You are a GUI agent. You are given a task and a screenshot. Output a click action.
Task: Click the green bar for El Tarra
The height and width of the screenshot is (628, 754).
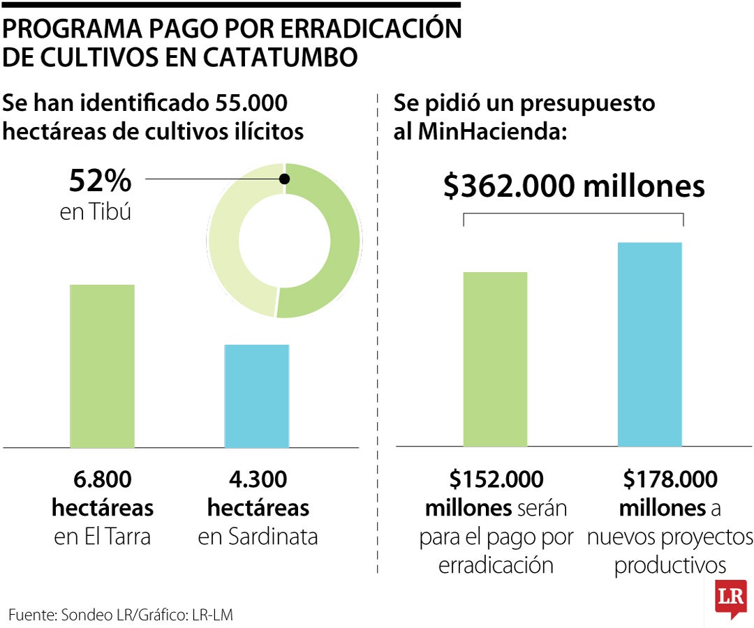point(102,366)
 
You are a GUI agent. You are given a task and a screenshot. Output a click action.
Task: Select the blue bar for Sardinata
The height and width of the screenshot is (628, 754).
point(256,396)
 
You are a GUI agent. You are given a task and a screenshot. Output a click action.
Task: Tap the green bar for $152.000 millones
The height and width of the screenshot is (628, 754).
point(495,359)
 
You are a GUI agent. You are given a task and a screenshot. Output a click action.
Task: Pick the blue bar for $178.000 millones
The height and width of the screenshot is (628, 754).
point(649,344)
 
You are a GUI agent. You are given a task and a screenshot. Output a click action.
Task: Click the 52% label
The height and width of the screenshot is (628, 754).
point(100,181)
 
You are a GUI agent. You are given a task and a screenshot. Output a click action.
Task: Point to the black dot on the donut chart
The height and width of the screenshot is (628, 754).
point(284,179)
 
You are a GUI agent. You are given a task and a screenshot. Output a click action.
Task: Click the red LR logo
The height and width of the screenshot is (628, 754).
point(730,597)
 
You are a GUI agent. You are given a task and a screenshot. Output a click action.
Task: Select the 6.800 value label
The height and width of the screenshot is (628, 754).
point(102,480)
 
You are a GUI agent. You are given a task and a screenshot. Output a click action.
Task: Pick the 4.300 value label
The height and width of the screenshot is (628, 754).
point(258,480)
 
